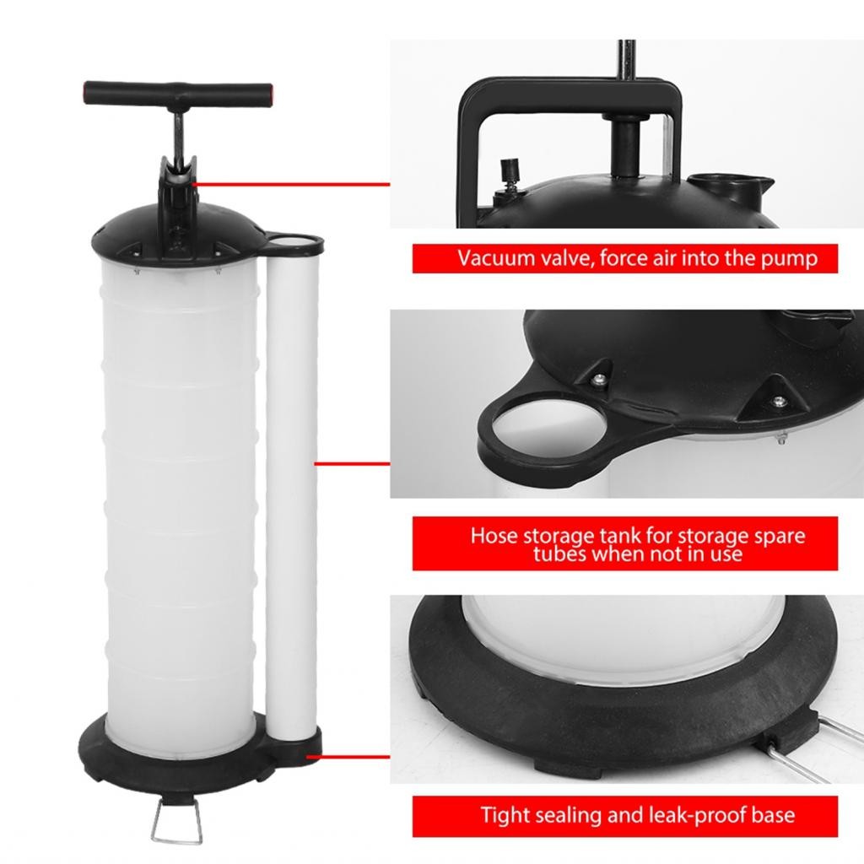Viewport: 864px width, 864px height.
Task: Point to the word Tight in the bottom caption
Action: (x=506, y=815)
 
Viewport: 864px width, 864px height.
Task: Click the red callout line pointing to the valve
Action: (x=291, y=183)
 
